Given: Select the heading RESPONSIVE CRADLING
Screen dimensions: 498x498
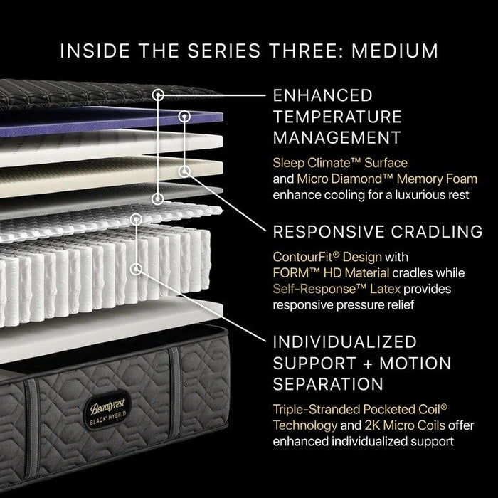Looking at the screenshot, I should click(x=377, y=231).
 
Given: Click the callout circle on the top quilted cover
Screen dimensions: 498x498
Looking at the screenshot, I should click(x=159, y=93).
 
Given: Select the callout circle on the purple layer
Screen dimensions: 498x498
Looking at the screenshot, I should click(x=184, y=115).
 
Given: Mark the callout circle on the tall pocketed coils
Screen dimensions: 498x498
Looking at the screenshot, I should click(x=135, y=269).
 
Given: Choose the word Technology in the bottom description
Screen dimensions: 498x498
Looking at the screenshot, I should click(x=302, y=425).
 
